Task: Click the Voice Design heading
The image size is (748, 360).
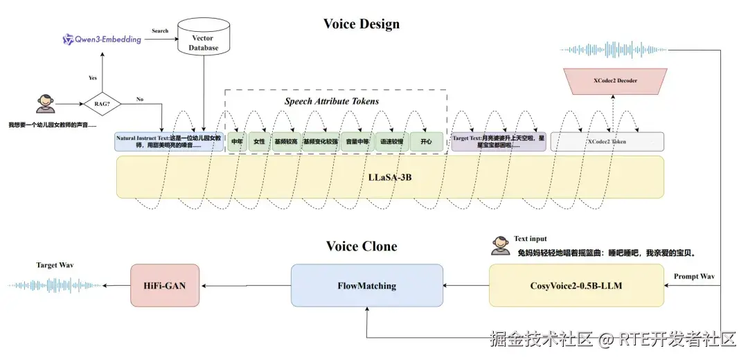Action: point(361,24)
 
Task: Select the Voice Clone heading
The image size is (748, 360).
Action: point(362,246)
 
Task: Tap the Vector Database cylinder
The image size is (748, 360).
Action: point(204,38)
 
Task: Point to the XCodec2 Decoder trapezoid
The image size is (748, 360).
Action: point(616,81)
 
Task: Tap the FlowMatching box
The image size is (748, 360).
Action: point(366,285)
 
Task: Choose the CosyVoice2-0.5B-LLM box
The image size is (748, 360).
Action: point(576,285)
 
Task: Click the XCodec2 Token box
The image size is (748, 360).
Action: point(607,142)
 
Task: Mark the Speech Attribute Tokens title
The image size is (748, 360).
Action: point(332,101)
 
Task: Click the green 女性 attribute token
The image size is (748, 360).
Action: point(260,142)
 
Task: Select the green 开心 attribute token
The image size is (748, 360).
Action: point(425,142)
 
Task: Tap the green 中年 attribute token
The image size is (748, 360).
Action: point(237,142)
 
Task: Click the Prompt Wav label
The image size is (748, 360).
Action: point(695,277)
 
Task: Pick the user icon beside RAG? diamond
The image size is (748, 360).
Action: point(45,105)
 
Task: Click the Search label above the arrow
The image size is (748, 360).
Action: point(160,31)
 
